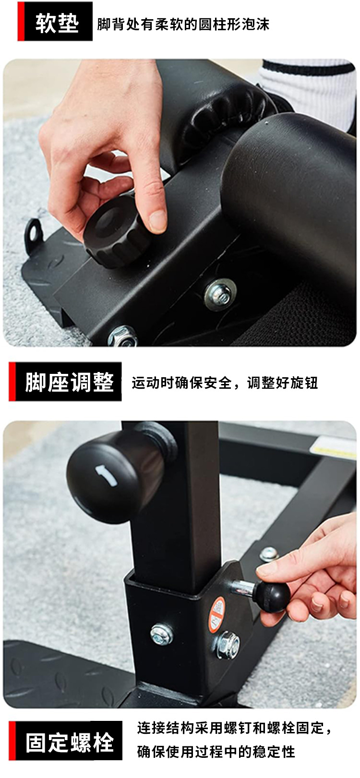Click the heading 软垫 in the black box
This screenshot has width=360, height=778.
(57, 23)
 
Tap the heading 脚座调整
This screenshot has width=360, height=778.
(70, 382)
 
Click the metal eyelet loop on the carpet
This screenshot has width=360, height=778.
(34, 233)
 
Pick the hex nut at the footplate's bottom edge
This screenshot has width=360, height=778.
(123, 336)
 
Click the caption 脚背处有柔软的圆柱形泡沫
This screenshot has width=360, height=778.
(183, 24)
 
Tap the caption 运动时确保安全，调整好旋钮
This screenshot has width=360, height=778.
(225, 383)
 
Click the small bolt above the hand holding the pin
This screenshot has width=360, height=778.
(269, 554)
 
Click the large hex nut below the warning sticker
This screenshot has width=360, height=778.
(228, 645)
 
